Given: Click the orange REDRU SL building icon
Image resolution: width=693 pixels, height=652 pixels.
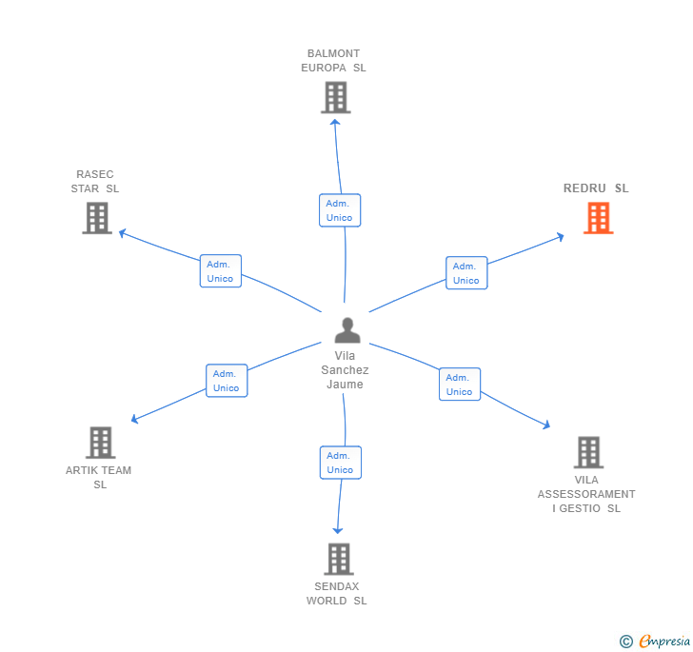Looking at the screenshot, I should click(597, 218).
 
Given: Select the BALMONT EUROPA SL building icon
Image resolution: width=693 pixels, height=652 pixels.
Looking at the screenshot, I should click(335, 97).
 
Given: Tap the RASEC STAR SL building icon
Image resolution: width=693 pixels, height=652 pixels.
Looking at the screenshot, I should click(96, 218).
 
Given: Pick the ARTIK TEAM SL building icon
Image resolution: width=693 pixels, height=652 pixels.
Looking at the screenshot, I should click(100, 443).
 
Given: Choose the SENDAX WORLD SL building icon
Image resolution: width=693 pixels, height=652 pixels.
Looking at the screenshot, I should click(338, 559).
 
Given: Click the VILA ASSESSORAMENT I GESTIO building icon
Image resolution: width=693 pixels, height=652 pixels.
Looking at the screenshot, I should click(588, 452).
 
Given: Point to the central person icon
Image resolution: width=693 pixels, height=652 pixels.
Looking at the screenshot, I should click(347, 330).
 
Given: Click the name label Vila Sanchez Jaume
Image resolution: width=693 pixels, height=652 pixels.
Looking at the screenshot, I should click(345, 370).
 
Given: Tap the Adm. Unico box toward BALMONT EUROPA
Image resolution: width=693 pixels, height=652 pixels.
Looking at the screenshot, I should click(339, 210).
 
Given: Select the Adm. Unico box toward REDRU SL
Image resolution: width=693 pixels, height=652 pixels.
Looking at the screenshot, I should click(465, 273).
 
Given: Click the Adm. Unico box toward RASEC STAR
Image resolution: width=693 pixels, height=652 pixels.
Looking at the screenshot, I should click(220, 271).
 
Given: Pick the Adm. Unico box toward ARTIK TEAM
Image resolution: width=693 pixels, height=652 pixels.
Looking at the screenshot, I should click(227, 381).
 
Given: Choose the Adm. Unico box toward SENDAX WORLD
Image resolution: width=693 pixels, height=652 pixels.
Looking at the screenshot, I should click(340, 463).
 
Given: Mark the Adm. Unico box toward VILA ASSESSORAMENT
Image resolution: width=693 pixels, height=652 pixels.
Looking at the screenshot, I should click(459, 385).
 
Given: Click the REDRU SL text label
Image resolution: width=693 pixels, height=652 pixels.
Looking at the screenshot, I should click(596, 188).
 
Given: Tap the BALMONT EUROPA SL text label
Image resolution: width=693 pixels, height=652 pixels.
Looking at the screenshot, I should click(333, 61).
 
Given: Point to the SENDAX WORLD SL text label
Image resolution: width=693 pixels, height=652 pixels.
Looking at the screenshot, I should click(336, 594).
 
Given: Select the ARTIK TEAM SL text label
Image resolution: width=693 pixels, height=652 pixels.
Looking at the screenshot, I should click(99, 477).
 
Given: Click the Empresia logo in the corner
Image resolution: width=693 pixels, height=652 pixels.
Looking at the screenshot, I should click(656, 642).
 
